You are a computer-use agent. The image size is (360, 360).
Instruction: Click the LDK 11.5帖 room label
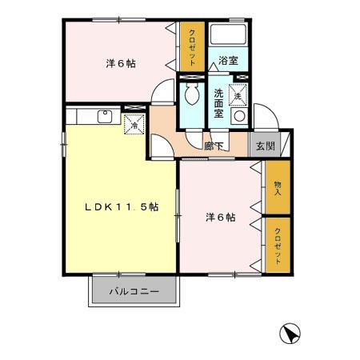coord(122,206)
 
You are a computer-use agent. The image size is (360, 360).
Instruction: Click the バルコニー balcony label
coord(134,292)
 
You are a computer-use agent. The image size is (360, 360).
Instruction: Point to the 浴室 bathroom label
coord(229,60)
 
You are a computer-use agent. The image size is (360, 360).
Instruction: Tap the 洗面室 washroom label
coord(218,103)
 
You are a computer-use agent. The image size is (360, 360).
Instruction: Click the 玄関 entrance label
coord(265,146)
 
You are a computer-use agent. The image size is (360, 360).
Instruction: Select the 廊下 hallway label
coord(213,146)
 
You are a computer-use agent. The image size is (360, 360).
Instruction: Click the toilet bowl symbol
coord(192,98)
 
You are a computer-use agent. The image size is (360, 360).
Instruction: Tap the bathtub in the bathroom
coord(229,35)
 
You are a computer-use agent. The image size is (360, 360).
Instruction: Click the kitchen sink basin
coord(104,117)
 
